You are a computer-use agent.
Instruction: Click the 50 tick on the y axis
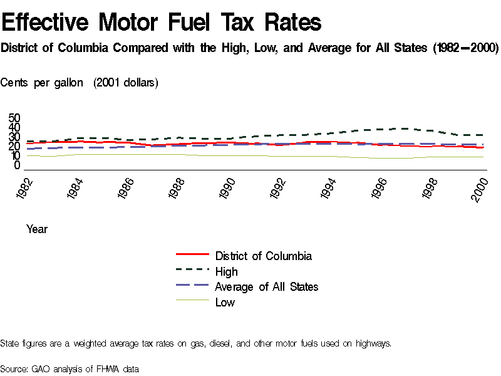[14, 118]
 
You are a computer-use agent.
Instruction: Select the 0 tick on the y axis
[18, 165]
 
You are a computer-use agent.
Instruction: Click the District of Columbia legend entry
[263, 256]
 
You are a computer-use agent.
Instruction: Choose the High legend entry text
[226, 271]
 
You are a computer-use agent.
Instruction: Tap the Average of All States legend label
[266, 286]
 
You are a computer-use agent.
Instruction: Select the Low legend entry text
[225, 302]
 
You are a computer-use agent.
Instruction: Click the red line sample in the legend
[192, 255]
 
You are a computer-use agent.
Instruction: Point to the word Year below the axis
[37, 229]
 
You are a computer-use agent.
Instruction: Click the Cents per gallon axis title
[42, 83]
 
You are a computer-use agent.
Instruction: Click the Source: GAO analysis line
[70, 368]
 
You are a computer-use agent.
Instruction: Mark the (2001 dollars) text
[125, 83]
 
